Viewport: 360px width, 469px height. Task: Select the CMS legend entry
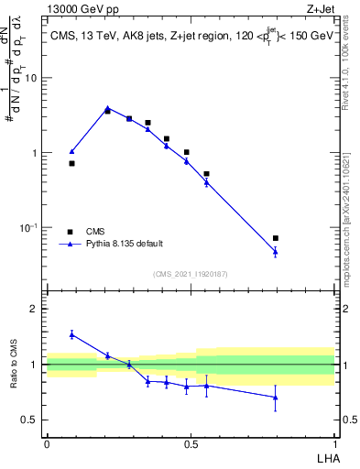tap(96, 232)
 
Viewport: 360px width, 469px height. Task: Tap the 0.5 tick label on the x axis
tap(191, 444)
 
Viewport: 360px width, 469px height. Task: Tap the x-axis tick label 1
tap(334, 444)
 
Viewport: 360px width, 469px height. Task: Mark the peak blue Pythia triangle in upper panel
tap(107, 107)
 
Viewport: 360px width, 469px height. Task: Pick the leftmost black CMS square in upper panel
tap(71, 163)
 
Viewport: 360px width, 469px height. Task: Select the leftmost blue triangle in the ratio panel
tap(71, 334)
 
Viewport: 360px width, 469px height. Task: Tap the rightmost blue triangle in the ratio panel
tap(276, 397)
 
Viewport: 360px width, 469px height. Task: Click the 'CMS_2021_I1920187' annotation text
tap(190, 274)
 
